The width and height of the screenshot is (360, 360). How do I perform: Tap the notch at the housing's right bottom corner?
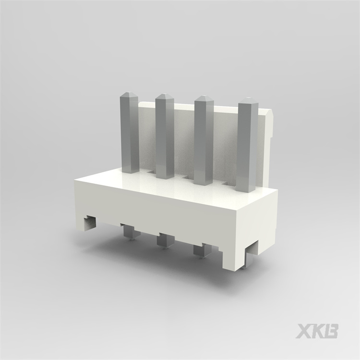(251, 257)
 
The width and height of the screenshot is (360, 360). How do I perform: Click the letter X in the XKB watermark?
(305, 331)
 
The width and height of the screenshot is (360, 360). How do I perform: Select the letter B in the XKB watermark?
(331, 331)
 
